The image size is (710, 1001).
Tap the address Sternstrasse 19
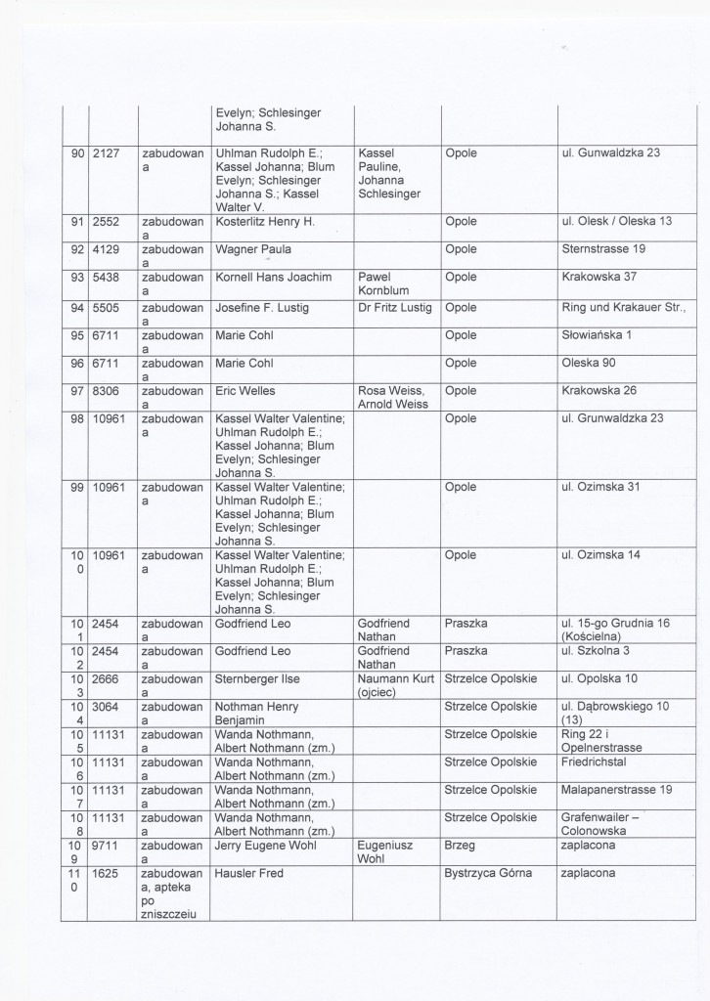coord(603,249)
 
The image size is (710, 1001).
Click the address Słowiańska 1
coord(597,334)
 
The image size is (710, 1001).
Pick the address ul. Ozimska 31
coord(600,488)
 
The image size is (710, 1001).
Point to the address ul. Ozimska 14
coord(600,555)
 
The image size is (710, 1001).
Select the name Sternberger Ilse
coord(256,679)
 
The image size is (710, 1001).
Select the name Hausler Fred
coord(248,873)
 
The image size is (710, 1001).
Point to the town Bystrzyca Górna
coord(488,873)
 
